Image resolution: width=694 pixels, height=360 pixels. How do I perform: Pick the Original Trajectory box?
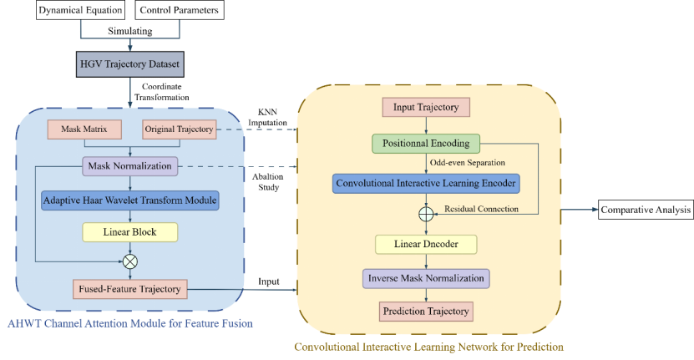coord(179,129)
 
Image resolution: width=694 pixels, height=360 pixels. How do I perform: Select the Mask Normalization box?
coord(129,165)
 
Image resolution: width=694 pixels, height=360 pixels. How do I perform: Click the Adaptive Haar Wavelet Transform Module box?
coord(129,200)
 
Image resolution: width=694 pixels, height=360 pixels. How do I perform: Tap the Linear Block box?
coord(129,231)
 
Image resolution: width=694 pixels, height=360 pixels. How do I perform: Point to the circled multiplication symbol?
coord(129,261)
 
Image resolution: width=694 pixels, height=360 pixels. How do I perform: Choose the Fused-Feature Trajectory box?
coord(129,289)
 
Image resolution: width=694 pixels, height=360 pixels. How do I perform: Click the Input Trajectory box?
coord(426,107)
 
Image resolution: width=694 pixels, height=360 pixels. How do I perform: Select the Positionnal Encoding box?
coord(426,143)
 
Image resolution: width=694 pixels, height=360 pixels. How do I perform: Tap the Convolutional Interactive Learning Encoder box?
coord(426,182)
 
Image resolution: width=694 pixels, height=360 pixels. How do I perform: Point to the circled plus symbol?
coord(427,212)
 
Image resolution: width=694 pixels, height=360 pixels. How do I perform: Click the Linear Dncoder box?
coord(426,243)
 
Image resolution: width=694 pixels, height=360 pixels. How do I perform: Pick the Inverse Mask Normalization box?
coord(426,278)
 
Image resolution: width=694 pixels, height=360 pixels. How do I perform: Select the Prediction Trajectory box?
coord(426,312)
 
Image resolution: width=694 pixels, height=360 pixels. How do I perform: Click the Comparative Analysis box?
coord(645,209)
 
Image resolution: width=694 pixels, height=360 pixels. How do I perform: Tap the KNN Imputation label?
coord(265,118)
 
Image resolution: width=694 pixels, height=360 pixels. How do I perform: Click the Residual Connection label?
coord(481,208)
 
